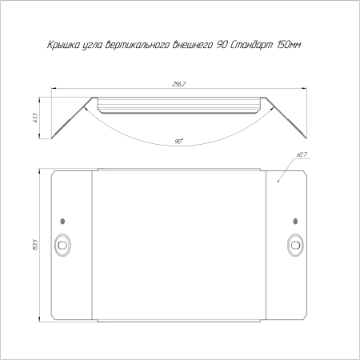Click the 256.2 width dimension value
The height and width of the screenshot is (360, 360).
coord(178,84)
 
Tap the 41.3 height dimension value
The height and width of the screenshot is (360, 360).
coord(36,118)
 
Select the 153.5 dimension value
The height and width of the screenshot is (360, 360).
coord(36,245)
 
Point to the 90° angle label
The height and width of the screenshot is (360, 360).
coord(179,142)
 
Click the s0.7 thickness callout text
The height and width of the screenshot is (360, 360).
coord(302,154)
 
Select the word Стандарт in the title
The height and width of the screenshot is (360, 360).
coord(250,45)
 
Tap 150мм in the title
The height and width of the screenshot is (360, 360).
coord(289,45)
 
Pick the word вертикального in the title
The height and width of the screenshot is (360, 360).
coord(138,45)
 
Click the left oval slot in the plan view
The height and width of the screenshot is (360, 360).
coord(62,245)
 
